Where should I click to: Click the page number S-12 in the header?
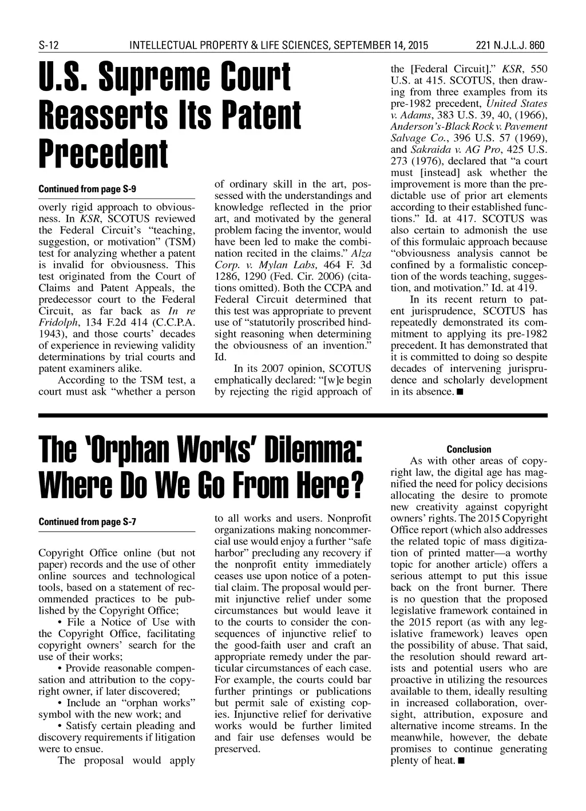coord(49,45)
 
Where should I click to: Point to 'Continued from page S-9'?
coord(87,189)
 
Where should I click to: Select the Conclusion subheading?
coord(469,450)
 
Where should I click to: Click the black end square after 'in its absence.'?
coord(460,392)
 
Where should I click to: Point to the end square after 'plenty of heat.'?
coord(462,761)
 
